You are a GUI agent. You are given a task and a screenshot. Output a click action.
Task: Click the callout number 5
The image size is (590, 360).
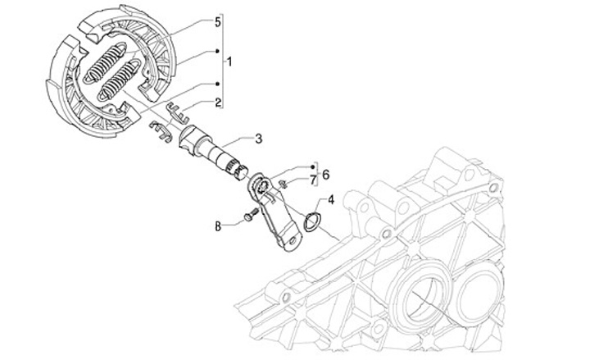pos(217,22)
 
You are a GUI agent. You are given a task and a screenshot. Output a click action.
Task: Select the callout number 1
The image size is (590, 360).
pos(230,62)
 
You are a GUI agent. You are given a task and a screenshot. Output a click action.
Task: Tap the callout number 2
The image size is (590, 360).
pos(217,103)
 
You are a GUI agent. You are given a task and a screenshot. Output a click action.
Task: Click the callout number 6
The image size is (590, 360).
pos(324,174)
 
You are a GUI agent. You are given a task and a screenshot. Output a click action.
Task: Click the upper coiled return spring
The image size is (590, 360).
pos(107,60)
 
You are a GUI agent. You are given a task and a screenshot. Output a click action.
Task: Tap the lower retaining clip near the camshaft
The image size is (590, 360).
pos(161,130)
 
